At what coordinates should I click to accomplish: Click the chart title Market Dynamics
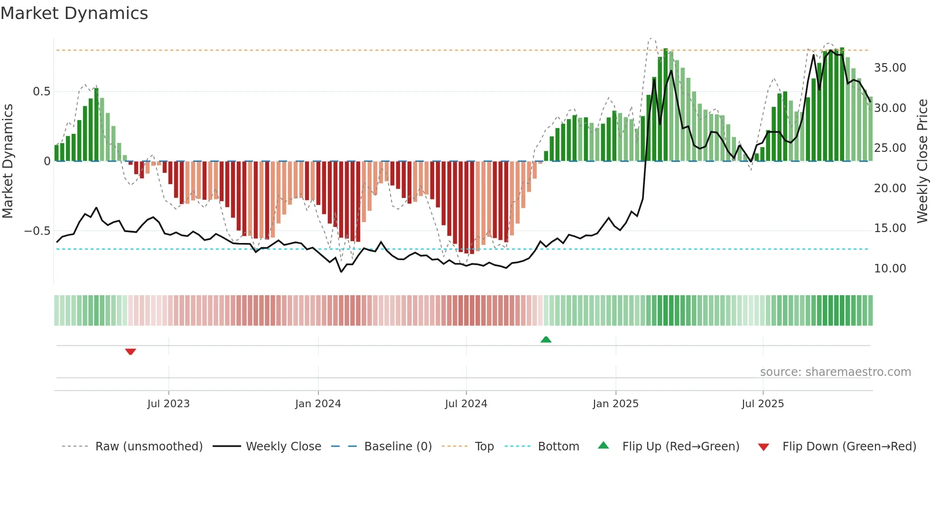[x=74, y=13]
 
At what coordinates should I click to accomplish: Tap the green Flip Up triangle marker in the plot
[x=546, y=339]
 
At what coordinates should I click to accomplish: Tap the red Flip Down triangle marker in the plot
[x=130, y=352]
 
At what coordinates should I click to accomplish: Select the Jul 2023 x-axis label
[x=168, y=404]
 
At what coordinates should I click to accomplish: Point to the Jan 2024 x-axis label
[x=318, y=404]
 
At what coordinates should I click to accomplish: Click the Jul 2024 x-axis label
[x=466, y=404]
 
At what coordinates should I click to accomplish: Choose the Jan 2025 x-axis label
[x=615, y=404]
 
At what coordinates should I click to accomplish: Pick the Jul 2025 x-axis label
[x=763, y=404]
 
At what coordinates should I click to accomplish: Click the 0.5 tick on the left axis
[x=41, y=92]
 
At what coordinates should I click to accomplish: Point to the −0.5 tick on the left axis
[x=37, y=231]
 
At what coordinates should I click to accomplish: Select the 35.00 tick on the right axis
[x=890, y=68]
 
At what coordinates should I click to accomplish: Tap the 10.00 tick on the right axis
[x=890, y=269]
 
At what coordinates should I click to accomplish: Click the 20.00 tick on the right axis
[x=890, y=188]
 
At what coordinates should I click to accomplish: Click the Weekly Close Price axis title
[x=922, y=161]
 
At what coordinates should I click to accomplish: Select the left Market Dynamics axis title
[x=8, y=161]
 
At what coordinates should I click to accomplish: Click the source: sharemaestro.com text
[x=835, y=372]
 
